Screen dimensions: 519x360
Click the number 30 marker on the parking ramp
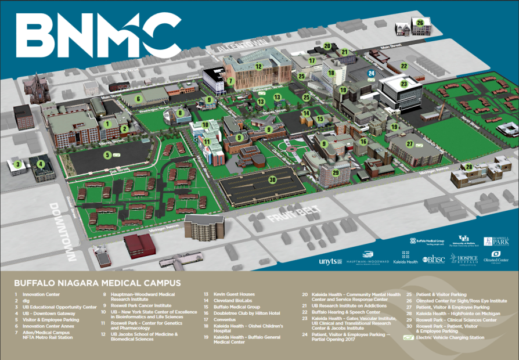pos(272,179)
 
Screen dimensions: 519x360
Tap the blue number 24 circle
pos(371,73)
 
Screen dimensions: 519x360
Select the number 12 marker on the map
pos(258,66)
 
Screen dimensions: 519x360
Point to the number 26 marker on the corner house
pos(420,23)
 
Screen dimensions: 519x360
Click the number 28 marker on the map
pos(468,167)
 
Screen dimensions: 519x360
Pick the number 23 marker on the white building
pos(403,83)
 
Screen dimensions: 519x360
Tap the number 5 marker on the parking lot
pos(107,155)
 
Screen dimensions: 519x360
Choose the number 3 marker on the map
pos(18,164)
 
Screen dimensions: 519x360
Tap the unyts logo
pos(327,262)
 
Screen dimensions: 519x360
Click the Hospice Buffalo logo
pos(464,259)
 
